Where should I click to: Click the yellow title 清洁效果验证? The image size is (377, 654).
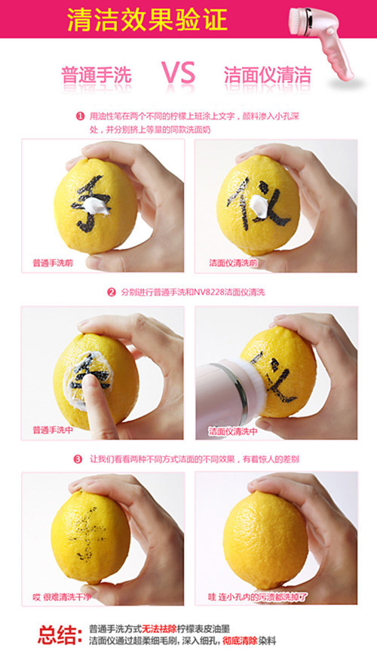pyautogui.click(x=147, y=19)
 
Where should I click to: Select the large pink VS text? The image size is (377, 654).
pyautogui.click(x=178, y=72)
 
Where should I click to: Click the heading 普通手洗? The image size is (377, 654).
pyautogui.click(x=97, y=75)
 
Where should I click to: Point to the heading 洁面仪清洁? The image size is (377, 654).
pyautogui.click(x=268, y=75)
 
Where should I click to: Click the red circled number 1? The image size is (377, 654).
pyautogui.click(x=80, y=116)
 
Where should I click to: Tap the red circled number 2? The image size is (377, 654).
pyautogui.click(x=112, y=293)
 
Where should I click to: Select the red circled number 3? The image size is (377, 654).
pyautogui.click(x=78, y=459)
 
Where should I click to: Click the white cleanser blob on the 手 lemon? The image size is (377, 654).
pyautogui.click(x=99, y=207)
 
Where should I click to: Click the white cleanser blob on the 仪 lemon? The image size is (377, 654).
pyautogui.click(x=259, y=206)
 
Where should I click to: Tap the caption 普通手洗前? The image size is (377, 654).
pyautogui.click(x=53, y=263)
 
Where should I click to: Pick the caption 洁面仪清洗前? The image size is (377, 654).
pyautogui.click(x=233, y=263)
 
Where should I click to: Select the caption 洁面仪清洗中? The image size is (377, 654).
pyautogui.click(x=233, y=431)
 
